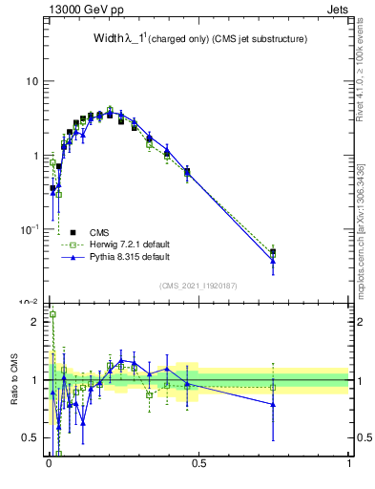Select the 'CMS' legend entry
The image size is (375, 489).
pos(99,232)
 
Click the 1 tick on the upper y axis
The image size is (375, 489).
pos(36,155)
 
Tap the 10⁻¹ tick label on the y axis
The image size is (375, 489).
pos(30,228)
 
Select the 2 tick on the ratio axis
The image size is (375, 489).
pos(36,322)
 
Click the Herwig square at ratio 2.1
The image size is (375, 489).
pos(52,314)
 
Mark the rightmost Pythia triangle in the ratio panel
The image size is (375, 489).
pos(274,404)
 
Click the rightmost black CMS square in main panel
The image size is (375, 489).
pos(274,252)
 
